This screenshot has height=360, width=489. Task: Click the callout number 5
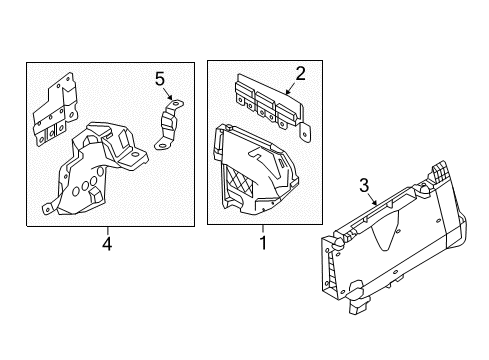pos(159,77)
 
